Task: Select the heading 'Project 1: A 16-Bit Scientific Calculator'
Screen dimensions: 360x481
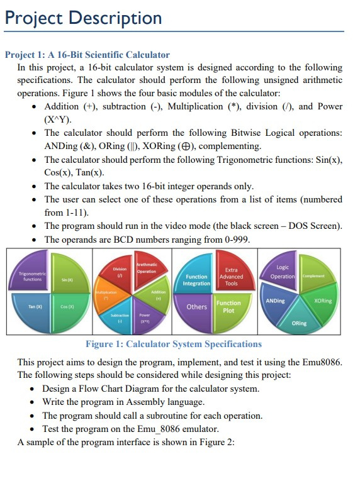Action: (87, 55)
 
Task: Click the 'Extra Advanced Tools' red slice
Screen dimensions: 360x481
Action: (231, 275)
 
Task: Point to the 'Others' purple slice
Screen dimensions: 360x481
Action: (197, 307)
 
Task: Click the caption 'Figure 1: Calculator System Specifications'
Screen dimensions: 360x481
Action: (173, 344)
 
